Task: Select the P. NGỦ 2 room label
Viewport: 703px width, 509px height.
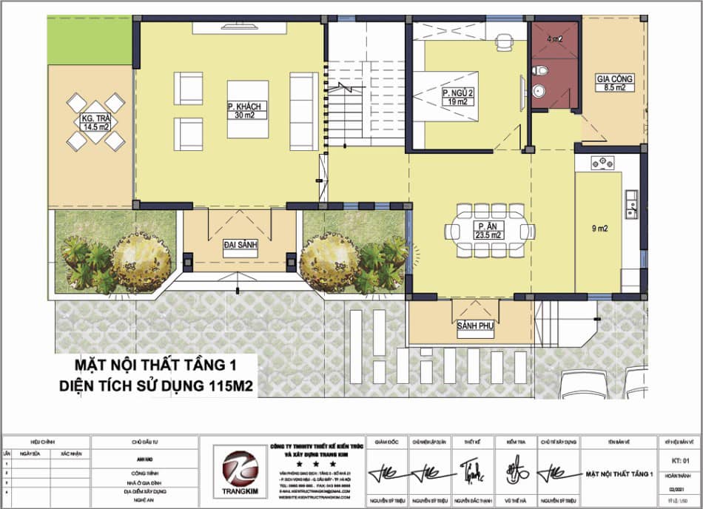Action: coord(457,97)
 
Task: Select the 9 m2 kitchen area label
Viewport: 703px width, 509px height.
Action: coord(599,229)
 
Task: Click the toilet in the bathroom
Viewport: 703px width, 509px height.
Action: coord(540,71)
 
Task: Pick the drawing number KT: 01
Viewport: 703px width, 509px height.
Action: coord(679,460)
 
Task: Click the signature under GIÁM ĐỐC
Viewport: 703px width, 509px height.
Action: coord(387,471)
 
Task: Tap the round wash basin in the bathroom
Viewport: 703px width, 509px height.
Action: coord(538,92)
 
